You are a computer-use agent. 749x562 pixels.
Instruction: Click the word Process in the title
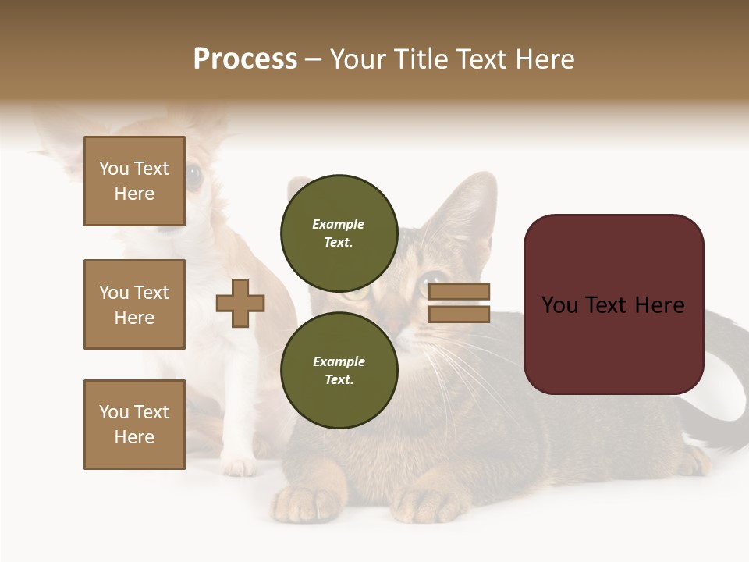[245, 59]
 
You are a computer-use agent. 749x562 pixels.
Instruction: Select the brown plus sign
[240, 303]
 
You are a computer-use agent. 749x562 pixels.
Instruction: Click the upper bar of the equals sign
[459, 291]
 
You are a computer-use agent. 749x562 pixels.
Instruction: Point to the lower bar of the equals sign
[459, 314]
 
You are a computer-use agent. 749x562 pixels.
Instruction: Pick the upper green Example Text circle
[339, 233]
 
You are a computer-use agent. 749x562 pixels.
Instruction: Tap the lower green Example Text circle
[339, 370]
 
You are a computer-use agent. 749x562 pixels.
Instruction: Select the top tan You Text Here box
[134, 181]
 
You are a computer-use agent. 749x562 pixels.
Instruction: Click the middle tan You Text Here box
[134, 304]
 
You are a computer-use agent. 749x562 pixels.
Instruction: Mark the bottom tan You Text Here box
[134, 425]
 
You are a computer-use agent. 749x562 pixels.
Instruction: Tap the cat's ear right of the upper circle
[472, 207]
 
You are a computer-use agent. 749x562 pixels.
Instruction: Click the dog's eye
[193, 176]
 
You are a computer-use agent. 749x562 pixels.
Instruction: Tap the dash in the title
[314, 60]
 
